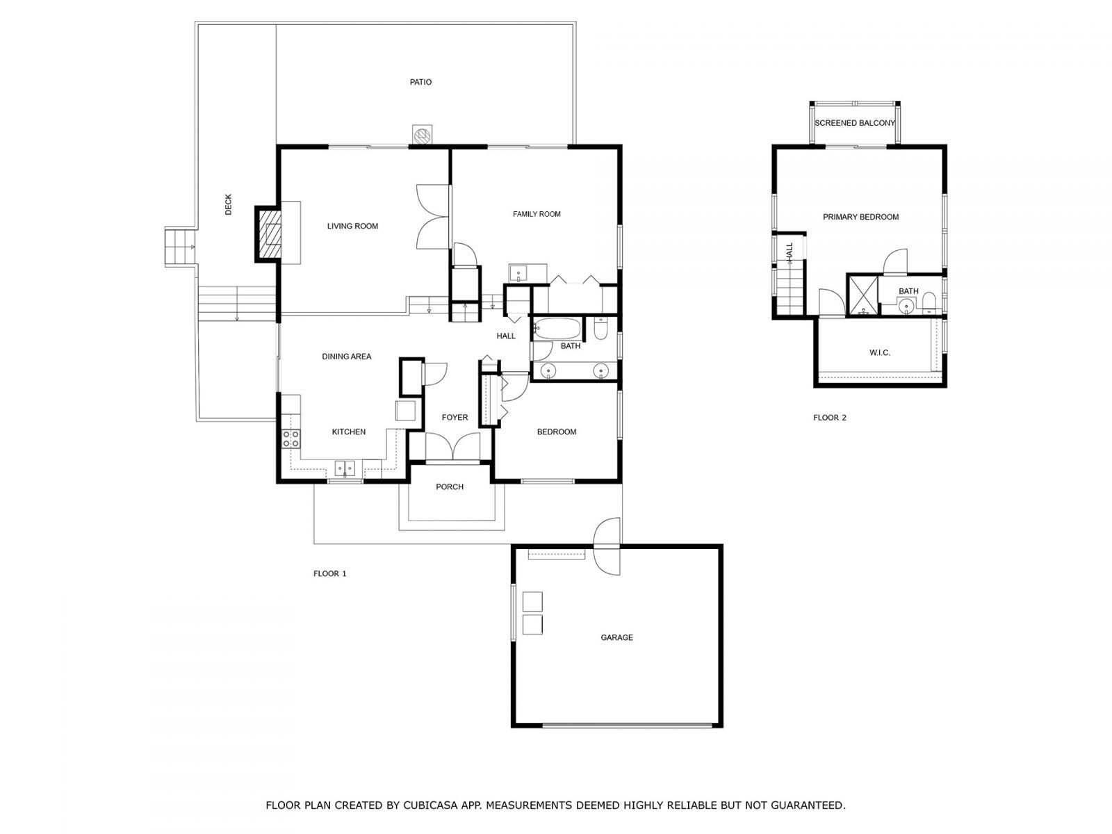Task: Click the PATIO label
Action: tap(420, 82)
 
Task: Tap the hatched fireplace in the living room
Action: tap(268, 234)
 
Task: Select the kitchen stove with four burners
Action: tap(291, 438)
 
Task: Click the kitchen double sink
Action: tap(345, 467)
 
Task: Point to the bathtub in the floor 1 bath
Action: tap(557, 328)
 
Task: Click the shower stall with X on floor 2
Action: tap(862, 295)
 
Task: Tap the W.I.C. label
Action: tap(879, 353)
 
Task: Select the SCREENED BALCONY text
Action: tap(855, 123)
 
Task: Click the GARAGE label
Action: tap(616, 637)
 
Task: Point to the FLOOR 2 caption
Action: tap(830, 418)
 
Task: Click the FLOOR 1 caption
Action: tap(329, 573)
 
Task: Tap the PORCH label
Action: tap(450, 487)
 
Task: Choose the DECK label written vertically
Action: tap(229, 204)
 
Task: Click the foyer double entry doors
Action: tap(452, 446)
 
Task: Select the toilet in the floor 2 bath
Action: tap(929, 301)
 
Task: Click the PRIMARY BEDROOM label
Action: tap(860, 217)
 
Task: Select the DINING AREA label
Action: tap(346, 357)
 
